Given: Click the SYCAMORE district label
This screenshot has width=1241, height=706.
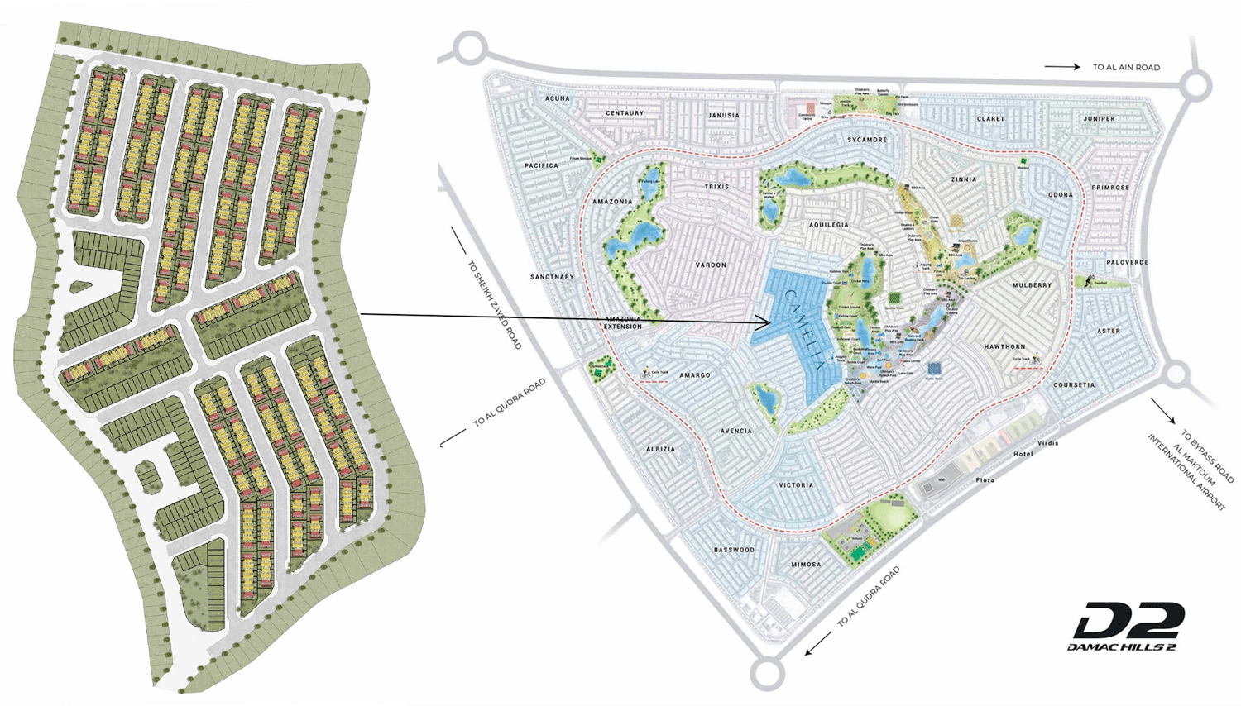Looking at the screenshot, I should [x=866, y=140].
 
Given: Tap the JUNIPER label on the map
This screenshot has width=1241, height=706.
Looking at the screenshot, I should [x=1099, y=119].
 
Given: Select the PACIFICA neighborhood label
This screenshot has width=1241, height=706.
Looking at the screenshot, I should [x=541, y=165].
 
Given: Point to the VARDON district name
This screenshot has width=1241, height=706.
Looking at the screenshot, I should [x=711, y=265].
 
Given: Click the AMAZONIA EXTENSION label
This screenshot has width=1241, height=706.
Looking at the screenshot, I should [x=623, y=322].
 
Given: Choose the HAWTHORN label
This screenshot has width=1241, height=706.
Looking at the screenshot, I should [x=1004, y=347].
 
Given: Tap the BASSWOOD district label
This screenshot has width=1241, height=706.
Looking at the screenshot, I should [x=734, y=550].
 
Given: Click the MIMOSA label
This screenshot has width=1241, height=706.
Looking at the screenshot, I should [x=806, y=565].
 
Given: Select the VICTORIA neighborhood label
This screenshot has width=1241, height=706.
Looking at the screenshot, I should [x=796, y=485].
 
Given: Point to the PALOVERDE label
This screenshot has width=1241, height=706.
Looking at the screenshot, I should [x=1127, y=263].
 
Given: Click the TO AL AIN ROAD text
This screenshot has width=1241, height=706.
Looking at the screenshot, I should [x=1126, y=68].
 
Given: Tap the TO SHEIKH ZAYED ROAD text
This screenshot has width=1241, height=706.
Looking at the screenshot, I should [x=495, y=305].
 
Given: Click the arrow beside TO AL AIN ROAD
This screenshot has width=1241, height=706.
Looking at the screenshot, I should [x=1062, y=67].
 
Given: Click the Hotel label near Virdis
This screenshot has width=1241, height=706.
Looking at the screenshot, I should [x=1023, y=454].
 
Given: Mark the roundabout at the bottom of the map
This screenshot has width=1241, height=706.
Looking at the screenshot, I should [x=767, y=674].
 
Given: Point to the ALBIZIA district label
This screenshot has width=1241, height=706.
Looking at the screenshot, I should [x=660, y=450].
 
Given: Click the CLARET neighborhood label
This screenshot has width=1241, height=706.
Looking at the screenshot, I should [x=990, y=119].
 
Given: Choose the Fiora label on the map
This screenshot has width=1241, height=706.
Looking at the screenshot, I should [x=985, y=480].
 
